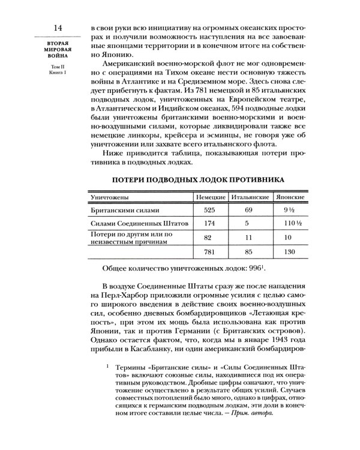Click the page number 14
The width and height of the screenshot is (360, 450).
click(59, 28)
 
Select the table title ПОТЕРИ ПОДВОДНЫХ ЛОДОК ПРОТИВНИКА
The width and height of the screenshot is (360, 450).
click(199, 179)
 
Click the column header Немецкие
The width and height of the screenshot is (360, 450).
click(210, 197)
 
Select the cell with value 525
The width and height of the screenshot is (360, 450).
click(210, 211)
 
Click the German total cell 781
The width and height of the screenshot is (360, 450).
click(210, 252)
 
